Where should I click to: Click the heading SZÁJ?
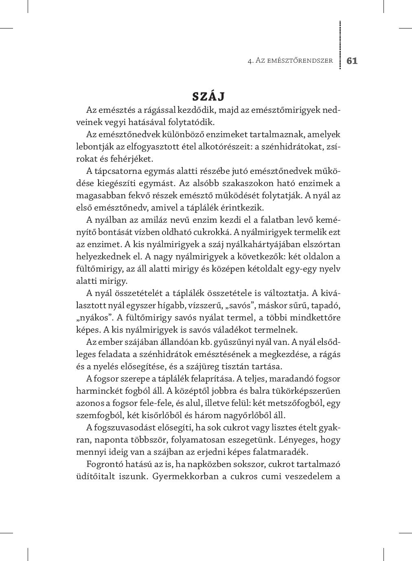pos(208,96)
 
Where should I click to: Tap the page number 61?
pos(352,61)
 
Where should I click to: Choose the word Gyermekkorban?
pos(184,476)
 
